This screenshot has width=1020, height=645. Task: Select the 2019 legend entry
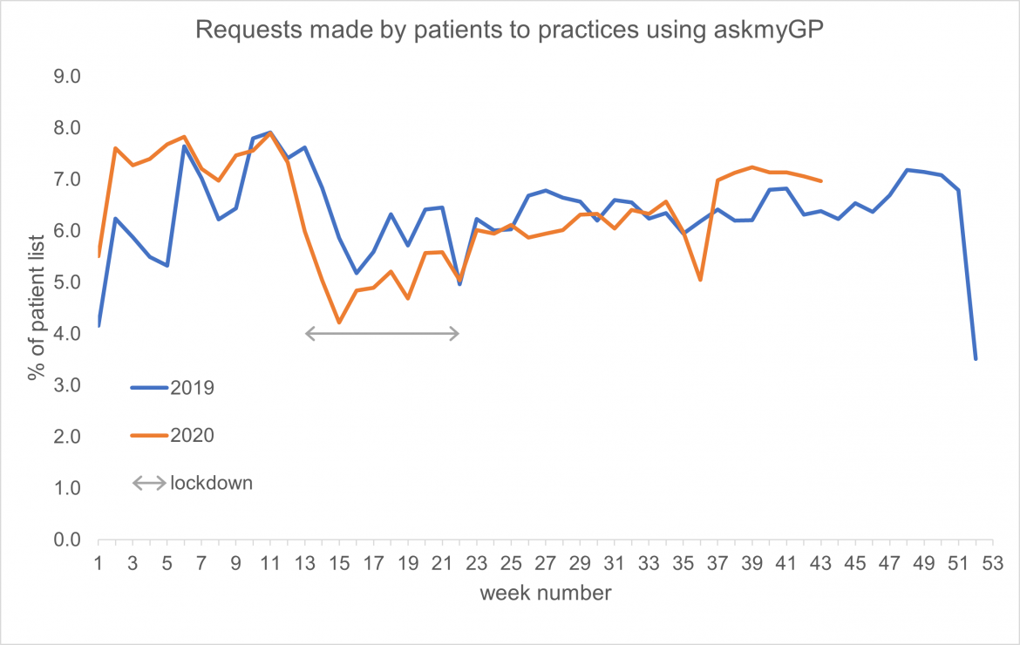click(193, 388)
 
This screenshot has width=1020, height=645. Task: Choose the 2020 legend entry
click(193, 436)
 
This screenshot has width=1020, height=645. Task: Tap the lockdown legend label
click(212, 483)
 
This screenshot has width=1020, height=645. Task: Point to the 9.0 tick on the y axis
click(67, 77)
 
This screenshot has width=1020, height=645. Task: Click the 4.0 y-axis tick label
click(67, 334)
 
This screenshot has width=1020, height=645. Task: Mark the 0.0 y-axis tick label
click(67, 540)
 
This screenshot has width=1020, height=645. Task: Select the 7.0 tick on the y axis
click(67, 180)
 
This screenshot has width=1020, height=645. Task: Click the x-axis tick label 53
click(993, 564)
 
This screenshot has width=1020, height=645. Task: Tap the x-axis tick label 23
click(477, 564)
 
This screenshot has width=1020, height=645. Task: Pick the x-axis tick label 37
click(717, 564)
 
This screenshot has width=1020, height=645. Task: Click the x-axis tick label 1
click(99, 564)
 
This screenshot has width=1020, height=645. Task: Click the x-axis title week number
click(545, 594)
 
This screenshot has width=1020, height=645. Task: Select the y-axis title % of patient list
click(36, 309)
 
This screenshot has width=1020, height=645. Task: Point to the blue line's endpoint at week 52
click(976, 358)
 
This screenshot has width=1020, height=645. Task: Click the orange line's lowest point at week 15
click(339, 323)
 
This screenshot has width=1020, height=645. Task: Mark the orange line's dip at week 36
click(700, 280)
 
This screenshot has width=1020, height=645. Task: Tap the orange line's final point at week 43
click(821, 181)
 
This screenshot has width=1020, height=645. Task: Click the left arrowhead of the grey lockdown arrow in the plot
click(308, 333)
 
